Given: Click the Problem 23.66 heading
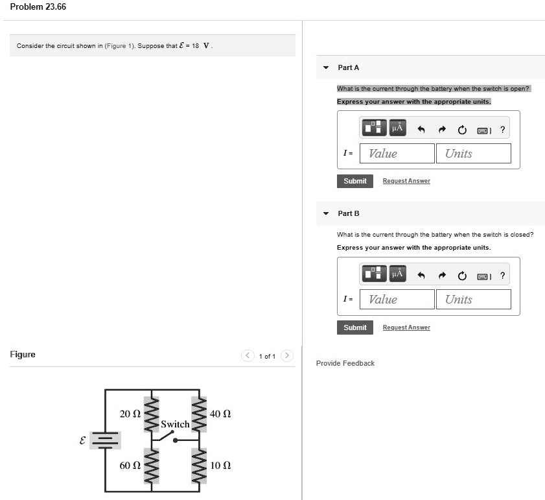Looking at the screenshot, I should click(38, 7).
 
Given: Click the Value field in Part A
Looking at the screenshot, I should click(397, 154).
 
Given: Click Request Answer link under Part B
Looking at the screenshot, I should click(406, 327).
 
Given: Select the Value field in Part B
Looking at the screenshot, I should click(397, 300).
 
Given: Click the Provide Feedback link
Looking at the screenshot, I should click(345, 363).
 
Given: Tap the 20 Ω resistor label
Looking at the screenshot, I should click(130, 414).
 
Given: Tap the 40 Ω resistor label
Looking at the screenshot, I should click(221, 414).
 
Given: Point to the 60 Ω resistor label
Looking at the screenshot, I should click(130, 466).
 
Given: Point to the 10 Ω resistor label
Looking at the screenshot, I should click(221, 466).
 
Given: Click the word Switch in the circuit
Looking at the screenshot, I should click(175, 424).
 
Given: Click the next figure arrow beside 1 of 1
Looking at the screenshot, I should click(288, 355).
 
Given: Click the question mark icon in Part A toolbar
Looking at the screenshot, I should click(503, 130).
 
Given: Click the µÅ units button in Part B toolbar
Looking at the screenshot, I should click(397, 274).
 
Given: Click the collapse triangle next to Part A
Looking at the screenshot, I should click(326, 67).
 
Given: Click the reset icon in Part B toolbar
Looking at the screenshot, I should click(462, 276).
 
